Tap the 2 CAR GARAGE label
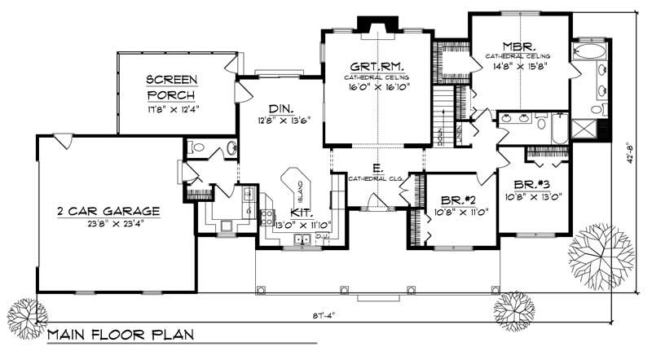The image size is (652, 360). (x=108, y=211)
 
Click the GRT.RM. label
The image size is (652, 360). (x=377, y=66)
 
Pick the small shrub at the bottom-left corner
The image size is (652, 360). (x=21, y=313)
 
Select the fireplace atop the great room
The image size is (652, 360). (x=377, y=29)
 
